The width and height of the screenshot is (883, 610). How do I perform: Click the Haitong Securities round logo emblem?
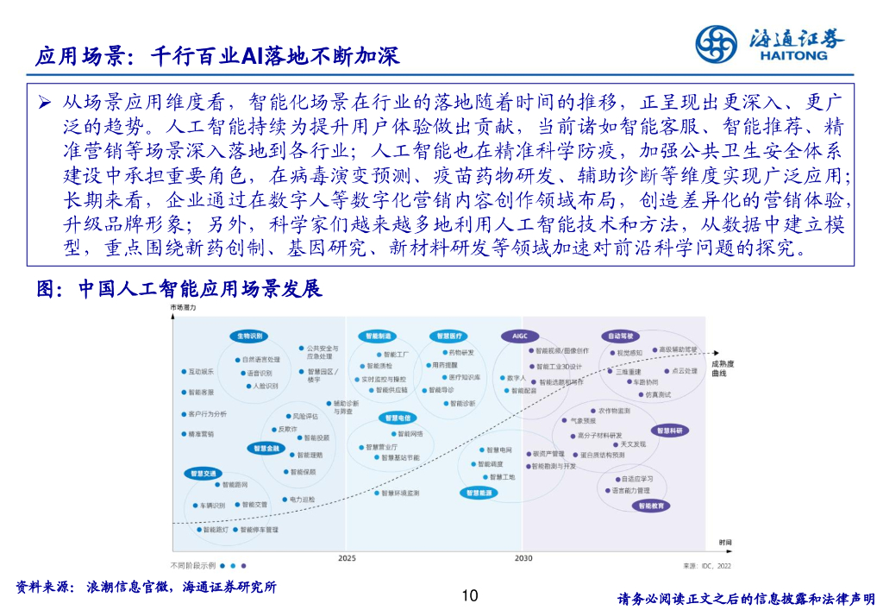tap(717, 42)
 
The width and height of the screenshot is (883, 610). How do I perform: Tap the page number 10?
tap(470, 595)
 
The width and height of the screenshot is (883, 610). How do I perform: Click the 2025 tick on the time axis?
tap(347, 558)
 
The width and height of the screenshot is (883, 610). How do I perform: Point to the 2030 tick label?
tap(523, 558)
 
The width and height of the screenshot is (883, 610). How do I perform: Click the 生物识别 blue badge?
tap(249, 336)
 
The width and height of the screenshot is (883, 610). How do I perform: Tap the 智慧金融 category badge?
tap(266, 449)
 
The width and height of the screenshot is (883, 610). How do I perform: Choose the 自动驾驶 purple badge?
tap(621, 336)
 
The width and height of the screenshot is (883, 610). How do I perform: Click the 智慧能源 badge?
tap(479, 493)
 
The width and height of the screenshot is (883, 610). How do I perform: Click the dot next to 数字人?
tap(502, 378)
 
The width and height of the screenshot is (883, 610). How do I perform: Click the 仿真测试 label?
tap(659, 394)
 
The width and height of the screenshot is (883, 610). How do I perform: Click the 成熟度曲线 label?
tap(723, 368)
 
